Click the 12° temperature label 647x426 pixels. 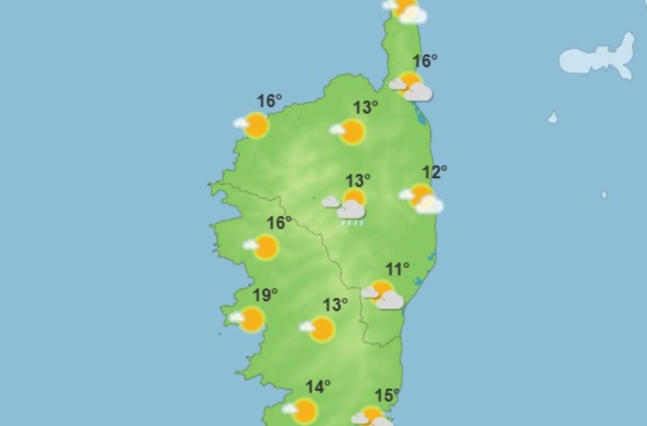[x=435, y=173]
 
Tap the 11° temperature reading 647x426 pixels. [x=397, y=269]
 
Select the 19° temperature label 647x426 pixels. [x=265, y=295]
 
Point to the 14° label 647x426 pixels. [x=317, y=387]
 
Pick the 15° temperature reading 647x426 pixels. [x=387, y=396]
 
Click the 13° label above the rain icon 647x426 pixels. [x=358, y=181]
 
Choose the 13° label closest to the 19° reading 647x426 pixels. [x=335, y=305]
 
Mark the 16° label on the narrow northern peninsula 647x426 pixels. [x=425, y=62]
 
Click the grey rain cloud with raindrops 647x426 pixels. [x=352, y=210]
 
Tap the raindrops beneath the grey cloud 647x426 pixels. [x=352, y=224]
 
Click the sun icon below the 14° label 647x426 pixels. [x=304, y=411]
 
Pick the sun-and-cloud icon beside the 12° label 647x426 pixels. [x=422, y=198]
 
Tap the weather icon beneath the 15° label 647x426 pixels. [x=371, y=417]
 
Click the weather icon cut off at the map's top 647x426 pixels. [x=405, y=10]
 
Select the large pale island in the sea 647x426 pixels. [x=598, y=58]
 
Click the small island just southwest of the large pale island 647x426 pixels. [x=553, y=118]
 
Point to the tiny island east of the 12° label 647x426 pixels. [x=604, y=195]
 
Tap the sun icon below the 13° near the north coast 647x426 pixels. [x=352, y=132]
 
